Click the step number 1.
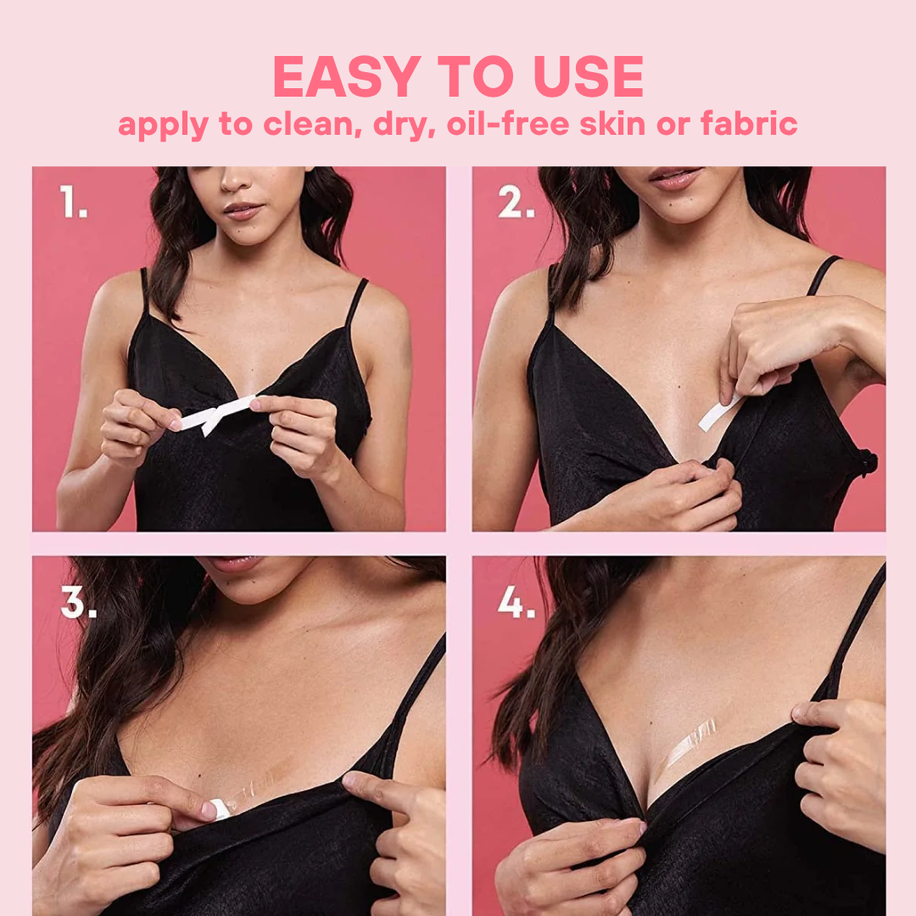pyautogui.click(x=74, y=203)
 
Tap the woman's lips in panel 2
pyautogui.click(x=676, y=178)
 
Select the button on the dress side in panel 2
pyautogui.click(x=867, y=463)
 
